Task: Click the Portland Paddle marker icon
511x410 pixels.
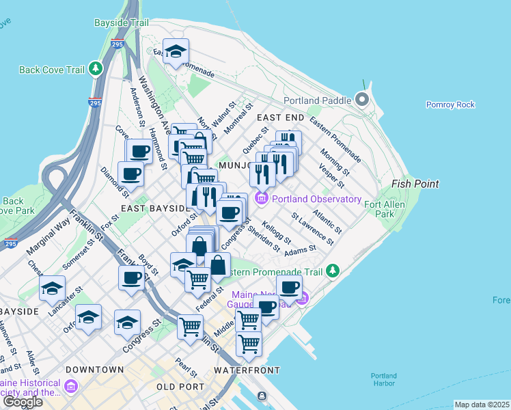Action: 361,100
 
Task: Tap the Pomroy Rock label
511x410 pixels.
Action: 450,105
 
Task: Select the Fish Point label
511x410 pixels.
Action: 415,184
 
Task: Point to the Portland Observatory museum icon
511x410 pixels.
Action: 260,199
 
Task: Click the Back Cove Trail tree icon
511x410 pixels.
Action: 96,69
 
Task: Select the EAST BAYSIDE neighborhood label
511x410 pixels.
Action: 154,208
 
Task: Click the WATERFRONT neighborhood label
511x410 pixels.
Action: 247,370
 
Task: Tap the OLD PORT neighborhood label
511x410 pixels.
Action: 180,387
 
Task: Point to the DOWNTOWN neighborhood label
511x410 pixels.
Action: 94,370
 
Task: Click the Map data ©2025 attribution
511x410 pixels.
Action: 482,405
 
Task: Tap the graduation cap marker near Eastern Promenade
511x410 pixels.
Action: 176,52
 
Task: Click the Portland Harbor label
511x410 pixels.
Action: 383,379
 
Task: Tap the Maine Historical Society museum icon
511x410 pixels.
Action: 70,387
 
